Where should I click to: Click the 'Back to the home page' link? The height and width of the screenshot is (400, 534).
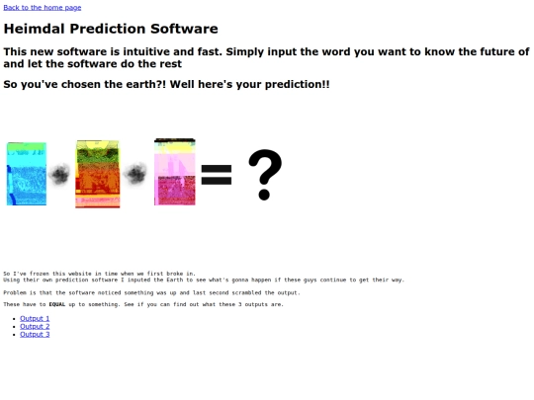43,7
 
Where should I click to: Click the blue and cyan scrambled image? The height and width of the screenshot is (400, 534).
26,173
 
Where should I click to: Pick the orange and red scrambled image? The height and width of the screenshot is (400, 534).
97,174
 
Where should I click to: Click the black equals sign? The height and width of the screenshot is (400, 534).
217,175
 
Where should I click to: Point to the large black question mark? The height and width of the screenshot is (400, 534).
264,174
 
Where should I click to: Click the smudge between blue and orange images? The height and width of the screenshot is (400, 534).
60,176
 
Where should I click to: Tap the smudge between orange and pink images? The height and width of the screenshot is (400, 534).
135,175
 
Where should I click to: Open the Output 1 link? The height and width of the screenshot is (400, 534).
35,318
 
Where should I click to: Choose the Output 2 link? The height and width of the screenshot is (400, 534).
35,326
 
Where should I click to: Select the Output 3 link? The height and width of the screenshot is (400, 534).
35,334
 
